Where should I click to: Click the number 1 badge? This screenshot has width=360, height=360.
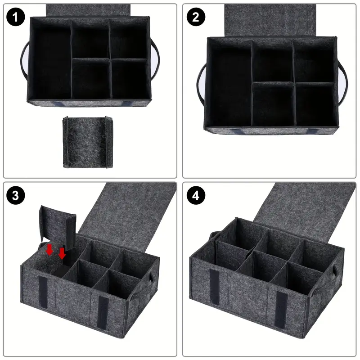tap(16, 17)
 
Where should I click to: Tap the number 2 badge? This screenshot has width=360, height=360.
tap(195, 17)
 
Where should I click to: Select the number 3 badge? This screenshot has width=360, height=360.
tap(16, 196)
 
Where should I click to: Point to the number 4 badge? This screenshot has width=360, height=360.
tap(195, 196)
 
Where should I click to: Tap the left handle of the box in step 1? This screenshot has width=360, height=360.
tap(24, 60)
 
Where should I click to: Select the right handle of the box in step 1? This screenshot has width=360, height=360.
tap(155, 60)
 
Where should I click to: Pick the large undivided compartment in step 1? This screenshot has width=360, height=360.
tap(51, 60)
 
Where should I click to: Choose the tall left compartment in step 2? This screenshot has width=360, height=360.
tap(229, 83)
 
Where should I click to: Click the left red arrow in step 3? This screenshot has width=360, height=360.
tap(49, 250)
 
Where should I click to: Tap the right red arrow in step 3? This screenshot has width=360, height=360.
tap(62, 253)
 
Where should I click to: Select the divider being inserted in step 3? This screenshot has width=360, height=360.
tap(58, 226)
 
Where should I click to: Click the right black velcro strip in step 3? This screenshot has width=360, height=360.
tap(103, 313)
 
